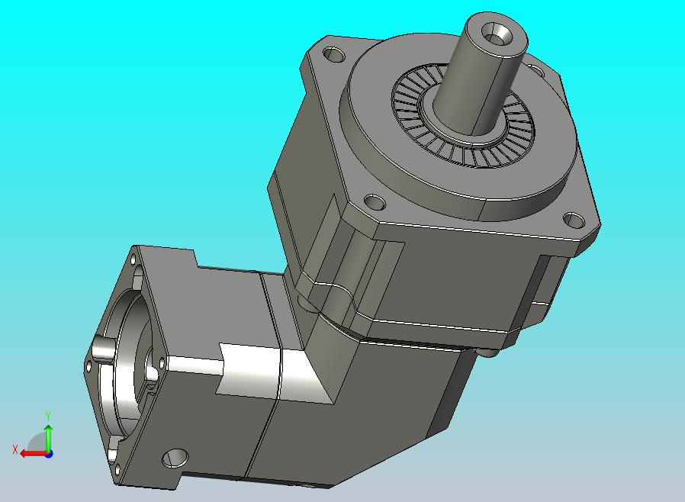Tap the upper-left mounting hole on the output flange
click(334, 55)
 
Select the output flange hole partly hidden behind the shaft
click(535, 69)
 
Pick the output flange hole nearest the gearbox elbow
click(375, 202)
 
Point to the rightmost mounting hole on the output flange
click(574, 220)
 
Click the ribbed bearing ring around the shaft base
click(463, 116)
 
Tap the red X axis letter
click(15, 449)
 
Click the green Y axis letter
click(48, 415)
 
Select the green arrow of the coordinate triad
click(49, 438)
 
